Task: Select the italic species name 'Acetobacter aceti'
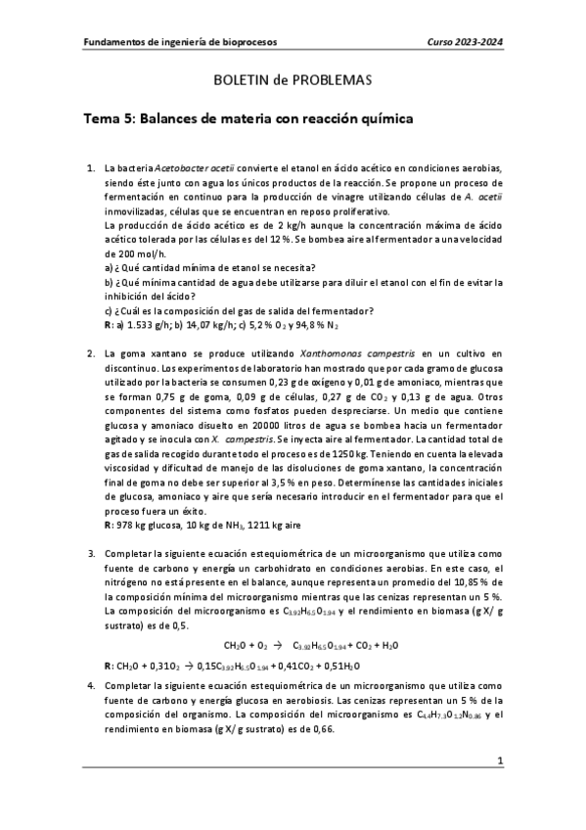point(200,169)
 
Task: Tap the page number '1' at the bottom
point(499,787)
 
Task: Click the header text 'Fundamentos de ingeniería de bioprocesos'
point(179,42)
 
